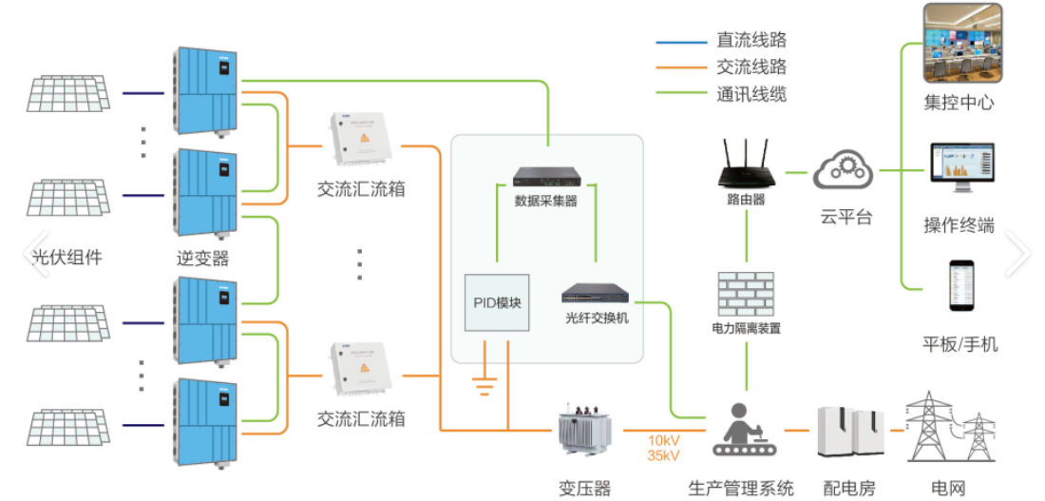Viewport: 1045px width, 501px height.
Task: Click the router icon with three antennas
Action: (746, 165)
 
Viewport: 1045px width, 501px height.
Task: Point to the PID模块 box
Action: (497, 302)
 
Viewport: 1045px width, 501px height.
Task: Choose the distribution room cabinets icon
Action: (848, 433)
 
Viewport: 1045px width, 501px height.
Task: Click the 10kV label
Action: (663, 441)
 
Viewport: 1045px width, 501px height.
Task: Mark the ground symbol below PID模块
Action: (485, 386)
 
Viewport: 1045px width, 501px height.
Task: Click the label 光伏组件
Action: (67, 257)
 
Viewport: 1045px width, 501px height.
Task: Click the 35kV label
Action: (663, 456)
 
